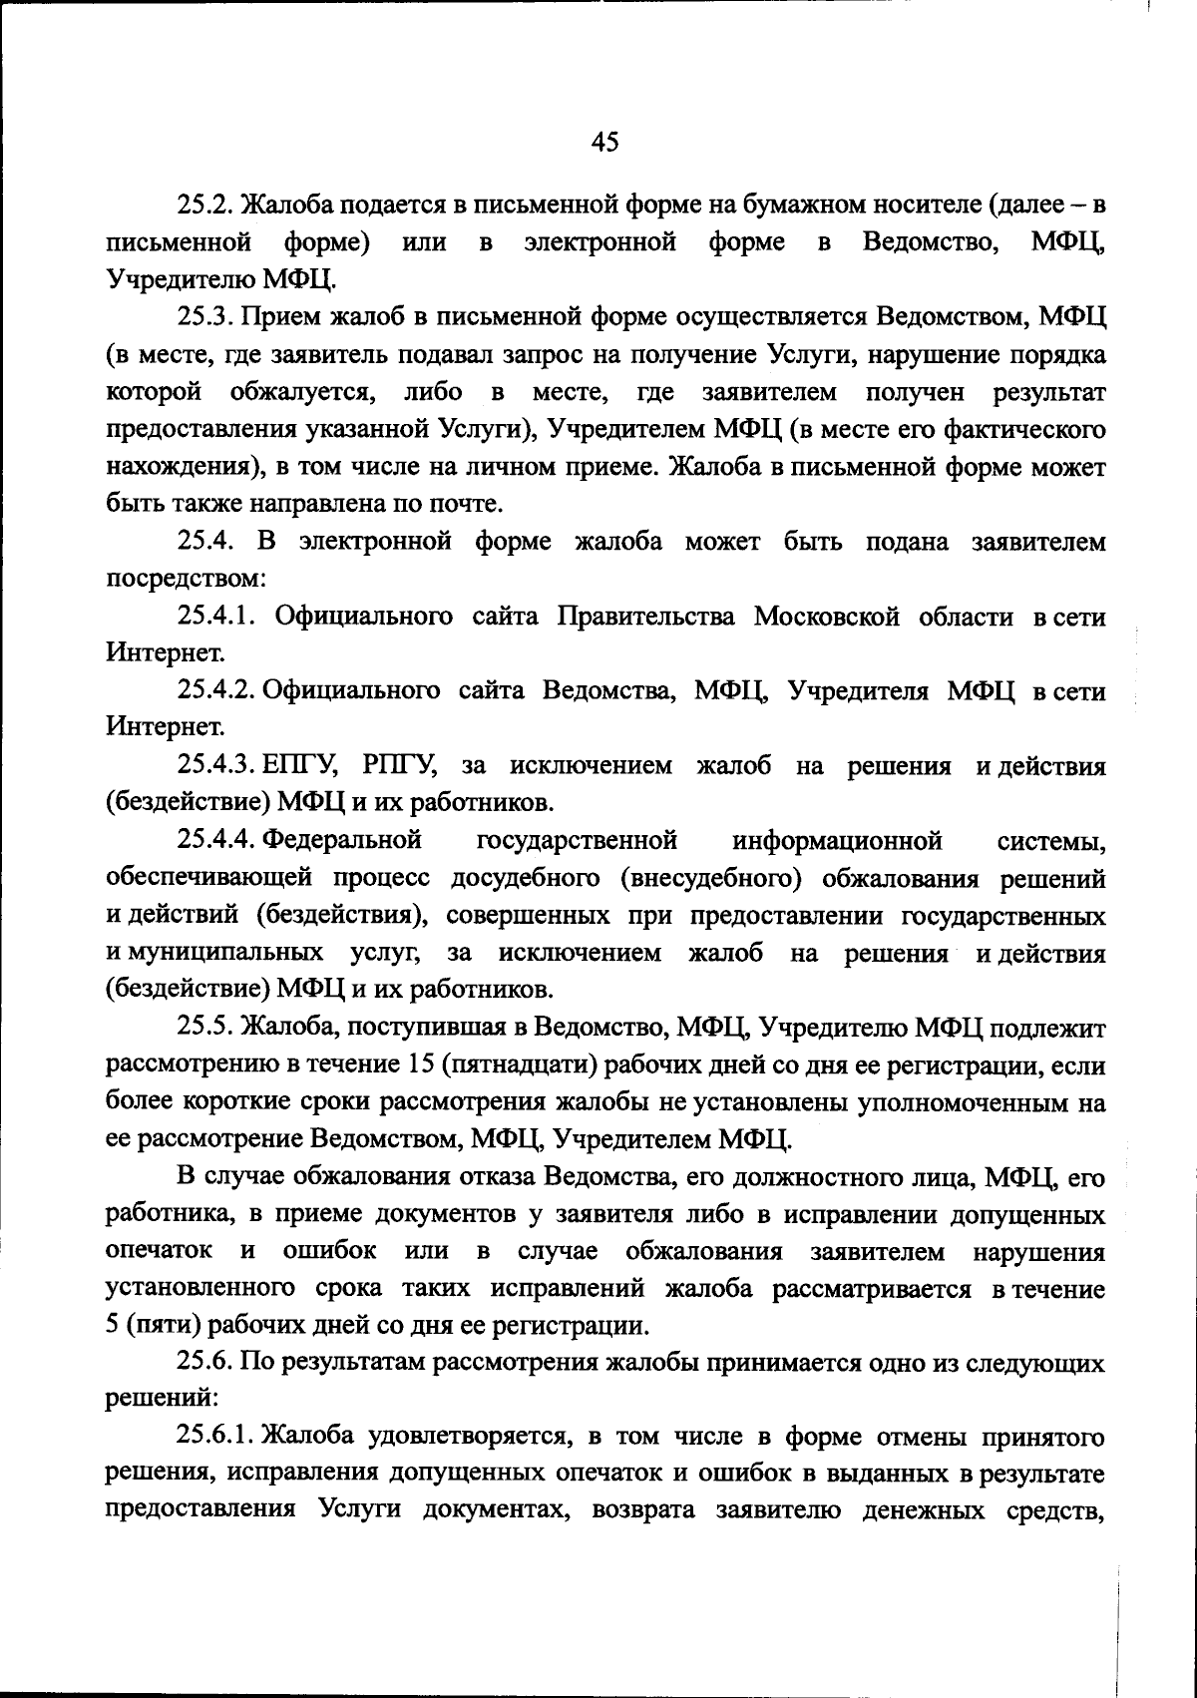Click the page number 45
(604, 142)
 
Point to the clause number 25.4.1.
(219, 617)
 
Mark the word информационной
(838, 841)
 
